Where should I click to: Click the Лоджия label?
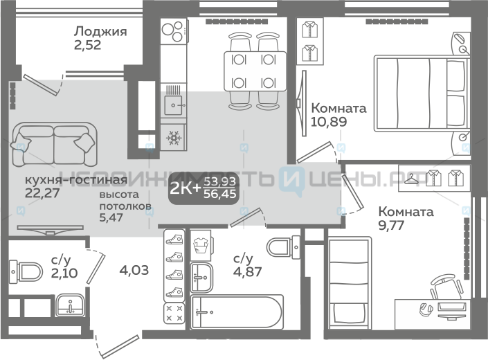tap(100, 32)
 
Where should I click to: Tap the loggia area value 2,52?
tap(87, 45)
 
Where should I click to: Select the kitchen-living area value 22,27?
tap(42, 193)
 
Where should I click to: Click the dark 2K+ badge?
tap(204, 188)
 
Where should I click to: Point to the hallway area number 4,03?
tap(134, 270)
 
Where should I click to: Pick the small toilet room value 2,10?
tap(64, 273)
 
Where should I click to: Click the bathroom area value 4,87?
tap(247, 271)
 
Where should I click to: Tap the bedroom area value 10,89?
tap(329, 122)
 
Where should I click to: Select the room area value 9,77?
tap(391, 225)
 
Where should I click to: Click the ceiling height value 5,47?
tap(111, 217)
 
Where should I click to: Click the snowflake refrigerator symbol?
tap(173, 138)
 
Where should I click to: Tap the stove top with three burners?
tap(173, 30)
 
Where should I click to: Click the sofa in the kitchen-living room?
tap(54, 144)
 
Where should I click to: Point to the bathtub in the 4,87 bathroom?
tap(237, 312)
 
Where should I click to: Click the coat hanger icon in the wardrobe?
tap(413, 179)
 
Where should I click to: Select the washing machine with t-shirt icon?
tap(201, 246)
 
